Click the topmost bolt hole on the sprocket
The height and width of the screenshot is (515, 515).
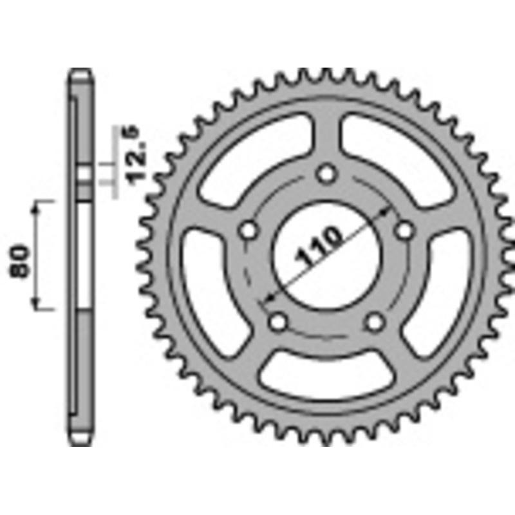tap(327, 174)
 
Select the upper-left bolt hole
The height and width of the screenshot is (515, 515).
tap(248, 230)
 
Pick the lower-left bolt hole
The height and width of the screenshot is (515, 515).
tap(278, 321)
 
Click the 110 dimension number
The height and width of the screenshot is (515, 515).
tap(319, 247)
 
